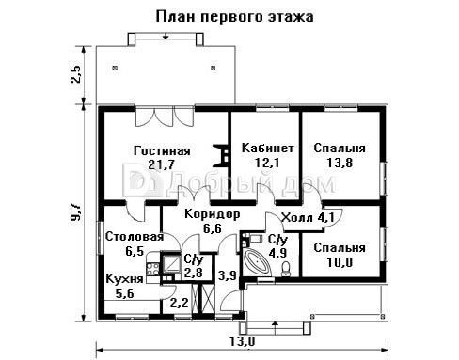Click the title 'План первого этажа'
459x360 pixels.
pyautogui.click(x=234, y=17)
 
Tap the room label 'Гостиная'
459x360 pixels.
pyautogui.click(x=162, y=150)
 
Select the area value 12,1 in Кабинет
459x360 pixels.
pyautogui.click(x=267, y=163)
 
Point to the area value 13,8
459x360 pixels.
pyautogui.click(x=340, y=163)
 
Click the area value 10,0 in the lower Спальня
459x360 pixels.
pyautogui.click(x=340, y=262)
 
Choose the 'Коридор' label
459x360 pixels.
pyautogui.click(x=213, y=214)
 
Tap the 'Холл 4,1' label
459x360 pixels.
pyautogui.click(x=308, y=217)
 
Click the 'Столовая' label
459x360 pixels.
pyautogui.click(x=135, y=237)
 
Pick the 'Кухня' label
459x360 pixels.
pyautogui.click(x=124, y=278)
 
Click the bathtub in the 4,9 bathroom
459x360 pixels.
pyautogui.click(x=257, y=261)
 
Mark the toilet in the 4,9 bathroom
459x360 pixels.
pyautogui.click(x=286, y=269)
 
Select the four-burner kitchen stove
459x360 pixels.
pyautogui.click(x=152, y=269)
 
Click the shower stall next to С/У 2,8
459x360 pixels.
pyautogui.click(x=170, y=262)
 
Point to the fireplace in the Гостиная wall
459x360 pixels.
pyautogui.click(x=221, y=155)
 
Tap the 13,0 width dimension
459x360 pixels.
pyautogui.click(x=243, y=341)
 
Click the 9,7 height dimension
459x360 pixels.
pyautogui.click(x=76, y=212)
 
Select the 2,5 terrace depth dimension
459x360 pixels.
pyautogui.click(x=76, y=74)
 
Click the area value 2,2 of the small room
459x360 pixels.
pyautogui.click(x=179, y=303)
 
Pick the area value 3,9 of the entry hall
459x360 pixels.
pyautogui.click(x=228, y=275)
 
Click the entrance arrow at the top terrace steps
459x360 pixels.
pyautogui.click(x=166, y=36)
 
